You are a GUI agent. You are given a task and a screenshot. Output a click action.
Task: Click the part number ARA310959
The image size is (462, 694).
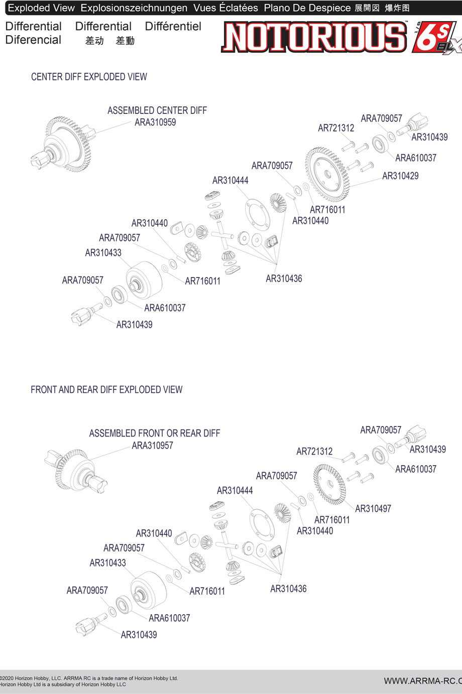[x=155, y=122]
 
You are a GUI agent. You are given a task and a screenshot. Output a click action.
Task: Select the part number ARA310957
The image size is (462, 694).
[x=152, y=446]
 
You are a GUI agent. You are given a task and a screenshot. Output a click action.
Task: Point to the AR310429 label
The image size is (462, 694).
[x=400, y=176]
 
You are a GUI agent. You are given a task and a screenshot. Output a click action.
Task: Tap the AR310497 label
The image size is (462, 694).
[x=373, y=509]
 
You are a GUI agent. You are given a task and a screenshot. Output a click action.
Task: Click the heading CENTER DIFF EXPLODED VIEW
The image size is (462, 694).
[x=89, y=77]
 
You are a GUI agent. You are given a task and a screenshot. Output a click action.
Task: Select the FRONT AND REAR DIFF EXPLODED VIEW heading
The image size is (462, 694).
[x=106, y=390]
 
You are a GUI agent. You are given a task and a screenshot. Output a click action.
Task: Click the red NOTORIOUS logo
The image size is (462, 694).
[x=314, y=38]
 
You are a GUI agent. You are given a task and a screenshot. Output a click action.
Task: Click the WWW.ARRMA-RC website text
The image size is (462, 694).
[x=422, y=681]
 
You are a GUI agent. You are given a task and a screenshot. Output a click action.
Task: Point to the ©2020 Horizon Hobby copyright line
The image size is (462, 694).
[x=89, y=678]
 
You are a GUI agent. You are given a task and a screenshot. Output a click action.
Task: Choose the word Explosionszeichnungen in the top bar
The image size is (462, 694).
[x=134, y=8]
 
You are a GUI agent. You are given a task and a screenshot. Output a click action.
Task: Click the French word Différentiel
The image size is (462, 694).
[x=173, y=27]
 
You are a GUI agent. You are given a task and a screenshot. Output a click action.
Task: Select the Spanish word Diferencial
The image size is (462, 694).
[x=33, y=40]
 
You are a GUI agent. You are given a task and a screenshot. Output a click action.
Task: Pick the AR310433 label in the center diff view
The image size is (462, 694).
[x=103, y=253]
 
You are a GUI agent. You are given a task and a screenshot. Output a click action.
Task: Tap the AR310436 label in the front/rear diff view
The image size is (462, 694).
[x=288, y=589]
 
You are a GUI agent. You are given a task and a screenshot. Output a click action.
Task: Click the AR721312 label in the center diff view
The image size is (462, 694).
[x=336, y=128]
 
